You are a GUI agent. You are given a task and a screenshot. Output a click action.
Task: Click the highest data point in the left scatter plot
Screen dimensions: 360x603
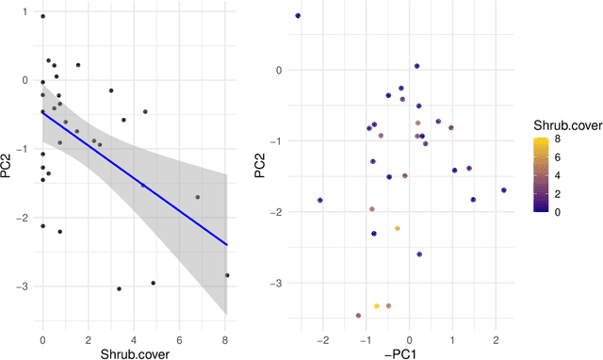click(42, 16)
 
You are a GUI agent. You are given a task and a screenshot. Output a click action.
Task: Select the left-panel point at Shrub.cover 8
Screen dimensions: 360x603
click(227, 275)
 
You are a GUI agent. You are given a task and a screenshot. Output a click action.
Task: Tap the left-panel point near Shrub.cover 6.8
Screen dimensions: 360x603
click(197, 197)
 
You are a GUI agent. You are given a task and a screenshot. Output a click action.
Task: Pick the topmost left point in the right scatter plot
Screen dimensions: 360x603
click(298, 16)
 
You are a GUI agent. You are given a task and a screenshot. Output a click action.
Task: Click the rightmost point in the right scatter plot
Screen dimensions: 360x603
click(504, 190)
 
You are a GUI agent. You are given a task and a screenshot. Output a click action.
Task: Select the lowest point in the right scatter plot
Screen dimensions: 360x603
click(358, 316)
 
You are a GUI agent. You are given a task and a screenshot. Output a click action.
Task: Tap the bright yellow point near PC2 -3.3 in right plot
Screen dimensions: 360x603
click(377, 305)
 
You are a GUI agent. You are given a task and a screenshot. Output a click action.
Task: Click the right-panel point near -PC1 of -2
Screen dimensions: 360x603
click(320, 200)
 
